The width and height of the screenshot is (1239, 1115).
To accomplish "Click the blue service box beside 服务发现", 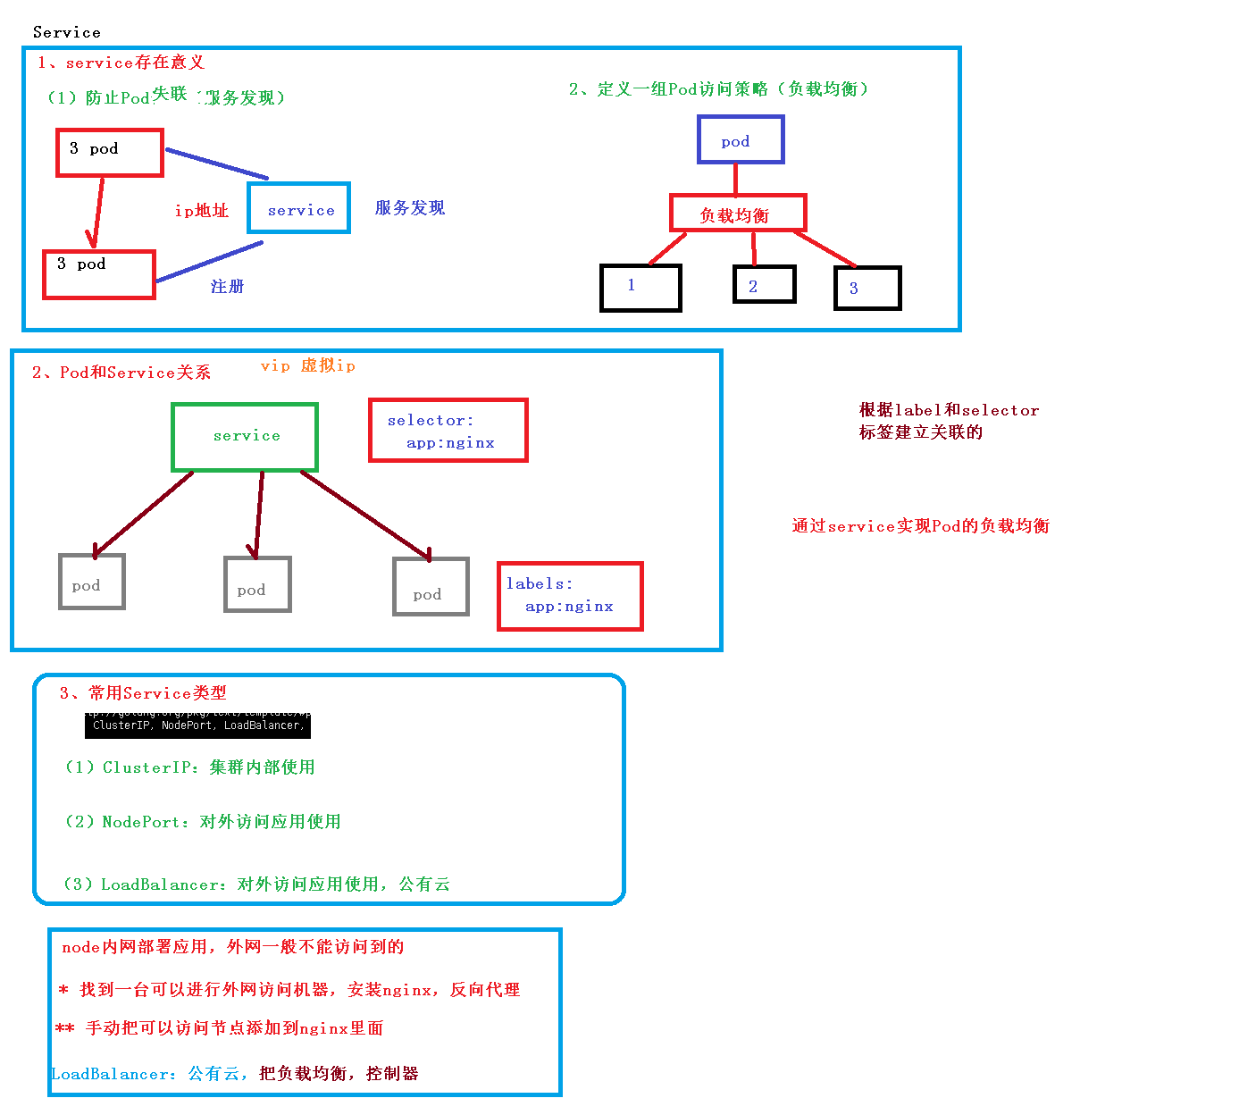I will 299,208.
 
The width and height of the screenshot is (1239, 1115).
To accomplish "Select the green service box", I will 245,437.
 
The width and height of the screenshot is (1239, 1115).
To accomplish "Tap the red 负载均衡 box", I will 738,214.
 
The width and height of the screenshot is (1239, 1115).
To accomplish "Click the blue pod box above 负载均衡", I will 741,140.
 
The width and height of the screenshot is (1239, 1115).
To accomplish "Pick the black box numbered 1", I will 640,288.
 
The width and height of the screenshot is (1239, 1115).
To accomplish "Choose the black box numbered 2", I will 764,285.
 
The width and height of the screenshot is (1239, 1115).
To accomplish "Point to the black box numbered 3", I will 866,288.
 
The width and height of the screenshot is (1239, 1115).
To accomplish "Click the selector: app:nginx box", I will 448,431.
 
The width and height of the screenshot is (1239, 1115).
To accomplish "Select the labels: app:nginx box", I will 570,596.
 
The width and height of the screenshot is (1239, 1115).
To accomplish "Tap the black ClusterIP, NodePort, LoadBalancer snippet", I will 197,725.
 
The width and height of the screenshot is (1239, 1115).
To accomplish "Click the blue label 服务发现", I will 410,208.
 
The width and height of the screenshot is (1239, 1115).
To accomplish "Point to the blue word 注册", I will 227,287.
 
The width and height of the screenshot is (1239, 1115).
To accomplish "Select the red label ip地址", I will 201,211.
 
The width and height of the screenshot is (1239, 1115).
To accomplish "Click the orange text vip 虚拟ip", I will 308,365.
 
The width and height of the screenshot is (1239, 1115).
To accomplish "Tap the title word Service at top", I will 67,32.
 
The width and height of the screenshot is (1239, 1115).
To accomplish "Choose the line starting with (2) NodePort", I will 203,822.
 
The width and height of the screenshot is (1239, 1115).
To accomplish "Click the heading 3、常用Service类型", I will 143,693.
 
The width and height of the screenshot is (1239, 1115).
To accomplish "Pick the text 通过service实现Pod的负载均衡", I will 920,526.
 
